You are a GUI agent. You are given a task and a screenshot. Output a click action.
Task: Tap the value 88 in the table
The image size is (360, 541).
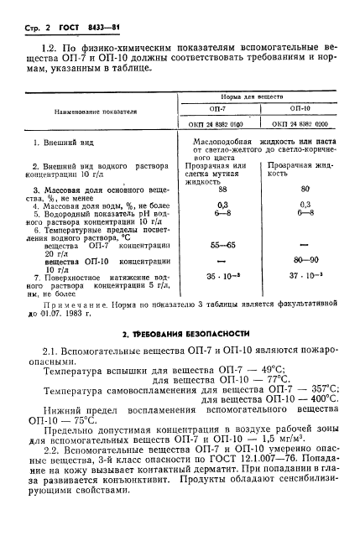(222, 190)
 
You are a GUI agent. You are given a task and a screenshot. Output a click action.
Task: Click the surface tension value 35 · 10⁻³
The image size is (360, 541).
(222, 275)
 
